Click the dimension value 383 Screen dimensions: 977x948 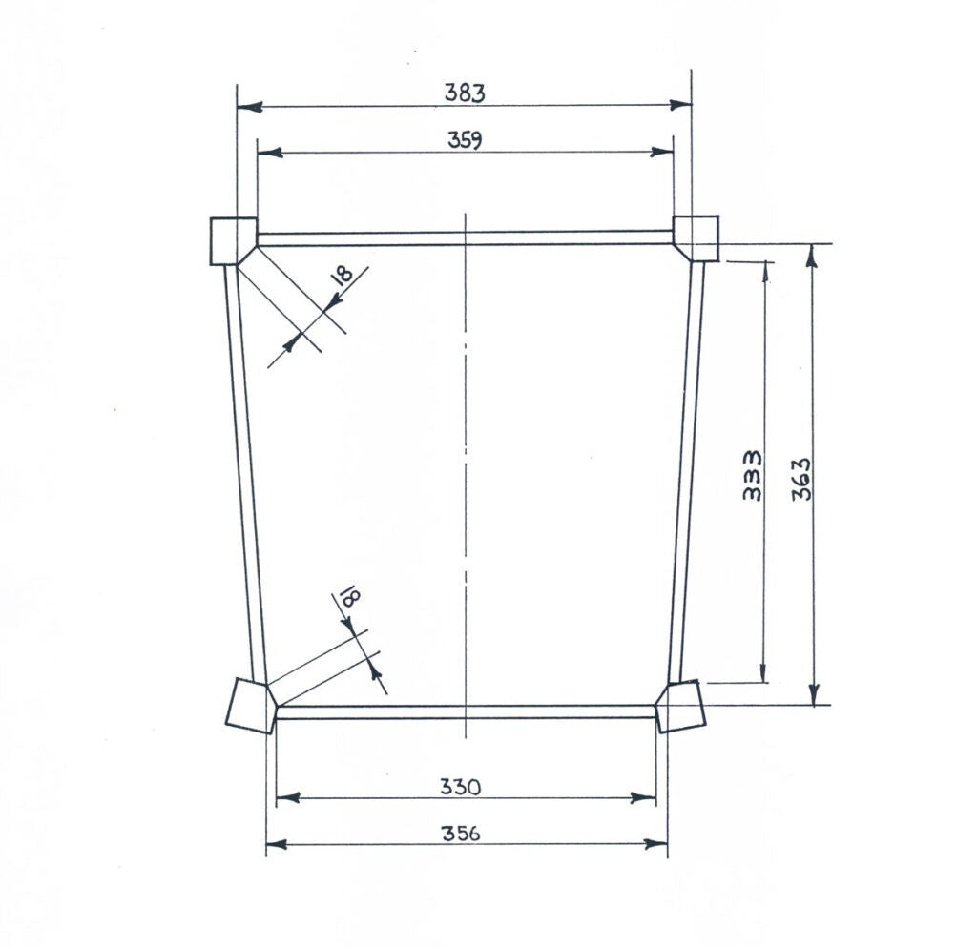pyautogui.click(x=465, y=93)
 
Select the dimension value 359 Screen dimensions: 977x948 pyautogui.click(x=465, y=139)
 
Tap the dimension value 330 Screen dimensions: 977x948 pyautogui.click(x=461, y=788)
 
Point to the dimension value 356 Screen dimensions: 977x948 pyautogui.click(x=461, y=833)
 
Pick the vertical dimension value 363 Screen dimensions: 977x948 pyautogui.click(x=801, y=479)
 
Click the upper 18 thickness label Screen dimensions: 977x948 pyautogui.click(x=343, y=275)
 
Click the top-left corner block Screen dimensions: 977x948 pyautogui.click(x=233, y=241)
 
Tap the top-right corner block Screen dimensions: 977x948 pyautogui.click(x=696, y=237)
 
